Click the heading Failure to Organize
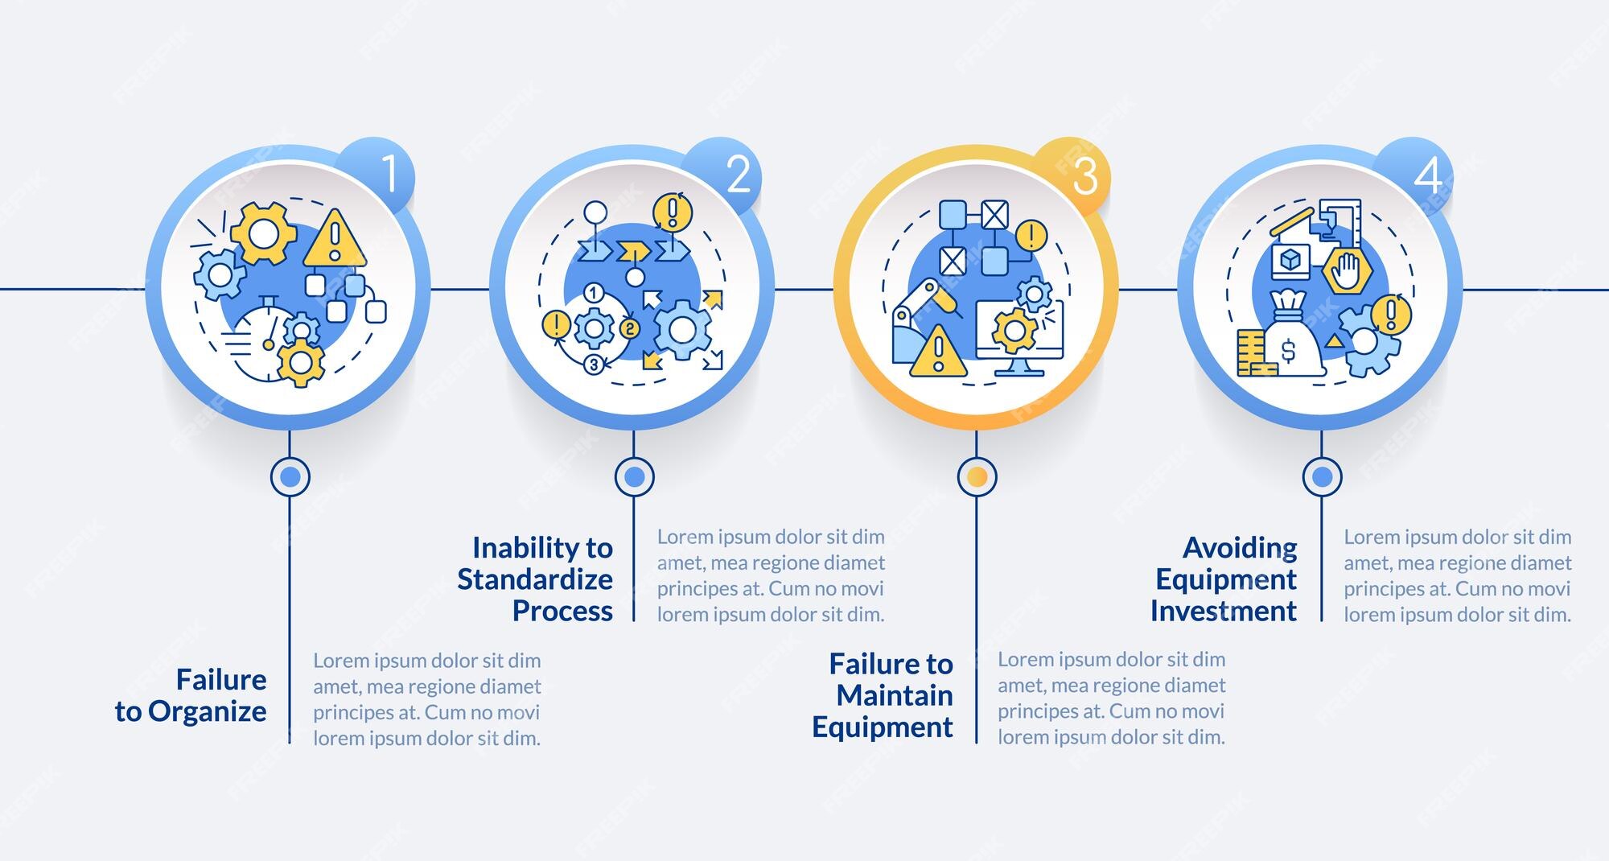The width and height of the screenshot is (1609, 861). point(191,695)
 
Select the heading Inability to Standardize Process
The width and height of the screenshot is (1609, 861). point(535,579)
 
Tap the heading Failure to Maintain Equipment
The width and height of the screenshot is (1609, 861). point(883,695)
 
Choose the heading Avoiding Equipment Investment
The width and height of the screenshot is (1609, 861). point(1224,579)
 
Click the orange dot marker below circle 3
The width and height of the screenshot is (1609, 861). point(977,477)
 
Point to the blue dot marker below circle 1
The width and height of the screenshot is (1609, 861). point(290,477)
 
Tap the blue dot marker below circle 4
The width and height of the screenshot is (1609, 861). point(1322,477)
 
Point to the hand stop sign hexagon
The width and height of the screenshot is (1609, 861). point(1346,272)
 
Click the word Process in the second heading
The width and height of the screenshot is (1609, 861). point(563,612)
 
